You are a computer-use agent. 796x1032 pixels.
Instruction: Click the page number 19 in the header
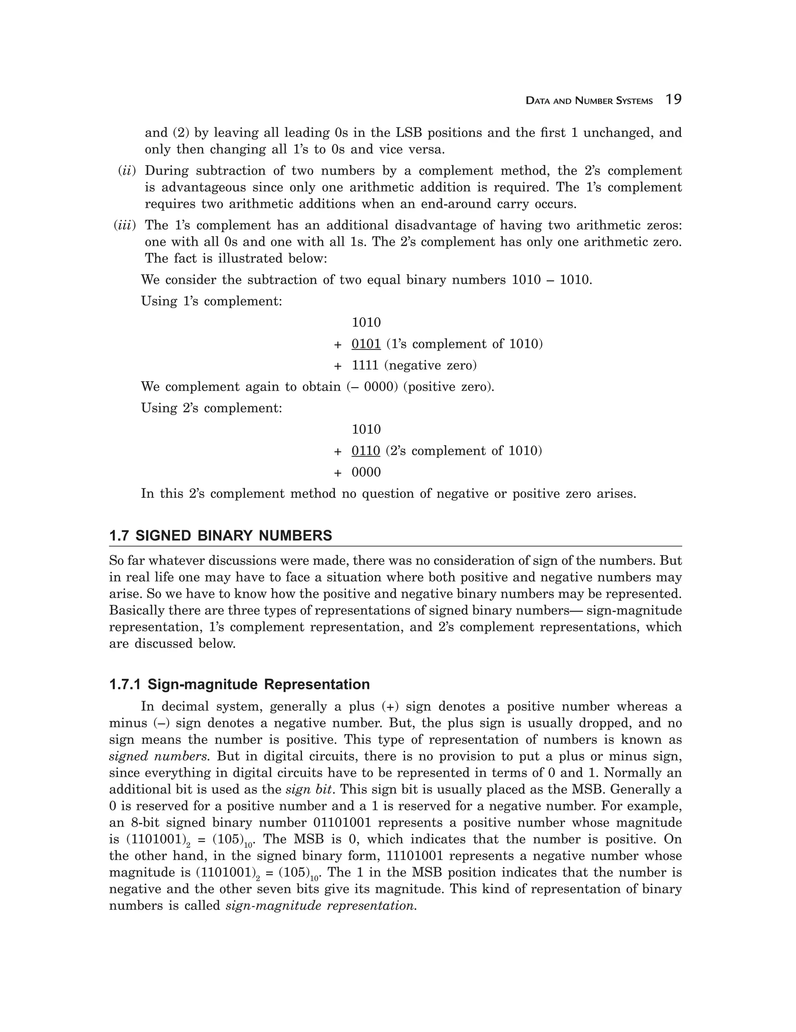click(673, 100)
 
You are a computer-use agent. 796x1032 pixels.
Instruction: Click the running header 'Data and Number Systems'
click(589, 101)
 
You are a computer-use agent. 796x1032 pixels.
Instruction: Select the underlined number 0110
click(366, 451)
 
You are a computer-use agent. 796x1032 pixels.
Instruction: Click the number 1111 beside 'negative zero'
click(366, 365)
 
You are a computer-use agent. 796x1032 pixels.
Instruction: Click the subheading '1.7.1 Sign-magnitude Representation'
click(239, 684)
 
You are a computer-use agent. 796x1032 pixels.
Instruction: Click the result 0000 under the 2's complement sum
click(366, 472)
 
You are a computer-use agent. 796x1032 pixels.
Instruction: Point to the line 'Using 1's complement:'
click(211, 301)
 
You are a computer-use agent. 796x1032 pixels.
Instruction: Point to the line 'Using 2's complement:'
click(211, 408)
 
